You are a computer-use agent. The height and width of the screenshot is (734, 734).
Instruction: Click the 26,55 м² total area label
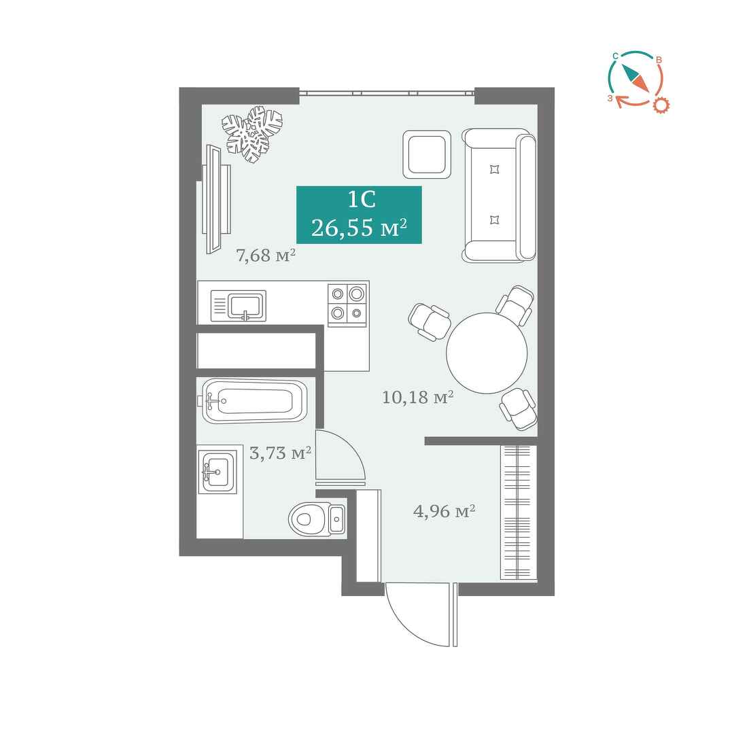pyautogui.click(x=359, y=228)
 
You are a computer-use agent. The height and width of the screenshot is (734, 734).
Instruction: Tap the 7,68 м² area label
pyautogui.click(x=266, y=256)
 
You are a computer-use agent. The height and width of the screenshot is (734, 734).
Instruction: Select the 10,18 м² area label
pyautogui.click(x=417, y=398)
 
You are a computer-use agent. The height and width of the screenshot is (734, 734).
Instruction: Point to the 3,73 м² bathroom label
pyautogui.click(x=280, y=453)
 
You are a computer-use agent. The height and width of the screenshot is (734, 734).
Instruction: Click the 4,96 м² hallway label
pyautogui.click(x=444, y=511)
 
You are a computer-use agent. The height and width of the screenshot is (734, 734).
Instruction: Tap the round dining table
pyautogui.click(x=487, y=353)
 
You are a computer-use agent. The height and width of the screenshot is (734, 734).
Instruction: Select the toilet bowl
pyautogui.click(x=317, y=519)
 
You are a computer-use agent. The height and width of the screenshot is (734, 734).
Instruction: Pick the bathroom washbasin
pyautogui.click(x=217, y=472)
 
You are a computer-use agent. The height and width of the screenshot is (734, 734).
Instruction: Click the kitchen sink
pyautogui.click(x=239, y=306)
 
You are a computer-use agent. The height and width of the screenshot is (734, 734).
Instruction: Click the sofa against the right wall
pyautogui.click(x=499, y=195)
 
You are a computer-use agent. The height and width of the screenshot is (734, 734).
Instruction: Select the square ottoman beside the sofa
pyautogui.click(x=427, y=154)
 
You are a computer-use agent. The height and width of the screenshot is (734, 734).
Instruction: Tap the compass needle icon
pyautogui.click(x=635, y=77)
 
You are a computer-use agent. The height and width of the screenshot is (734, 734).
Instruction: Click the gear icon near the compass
pyautogui.click(x=661, y=105)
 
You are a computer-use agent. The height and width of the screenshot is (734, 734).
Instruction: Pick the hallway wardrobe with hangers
pyautogui.click(x=519, y=512)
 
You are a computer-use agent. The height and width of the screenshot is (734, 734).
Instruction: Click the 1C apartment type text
pyautogui.click(x=362, y=200)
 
